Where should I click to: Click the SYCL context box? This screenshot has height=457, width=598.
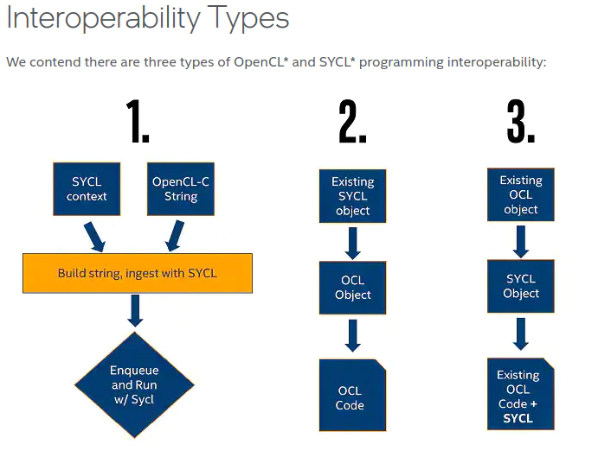click(x=87, y=189)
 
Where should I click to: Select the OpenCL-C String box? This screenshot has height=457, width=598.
click(x=181, y=189)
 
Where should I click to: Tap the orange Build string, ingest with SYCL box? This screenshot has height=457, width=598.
click(x=138, y=273)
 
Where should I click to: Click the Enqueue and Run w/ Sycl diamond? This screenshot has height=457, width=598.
click(x=134, y=384)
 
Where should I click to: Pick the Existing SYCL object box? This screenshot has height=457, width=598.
click(x=353, y=196)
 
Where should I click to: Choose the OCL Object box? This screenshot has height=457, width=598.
click(x=353, y=288)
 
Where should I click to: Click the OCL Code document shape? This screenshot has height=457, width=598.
click(x=353, y=395)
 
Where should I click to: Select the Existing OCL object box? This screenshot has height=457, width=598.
click(x=521, y=194)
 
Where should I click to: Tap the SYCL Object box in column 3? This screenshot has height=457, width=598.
click(x=521, y=286)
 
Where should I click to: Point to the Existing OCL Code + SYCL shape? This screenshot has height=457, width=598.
click(x=521, y=394)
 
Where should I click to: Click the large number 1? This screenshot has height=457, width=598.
click(x=138, y=122)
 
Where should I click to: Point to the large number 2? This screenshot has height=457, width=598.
click(x=352, y=122)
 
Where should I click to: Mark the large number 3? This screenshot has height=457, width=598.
click(x=521, y=122)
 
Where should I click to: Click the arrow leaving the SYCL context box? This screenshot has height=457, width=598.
click(x=94, y=237)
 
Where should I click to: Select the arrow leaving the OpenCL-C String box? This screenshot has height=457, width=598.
click(x=175, y=236)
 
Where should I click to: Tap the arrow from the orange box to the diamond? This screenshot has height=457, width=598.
click(x=135, y=310)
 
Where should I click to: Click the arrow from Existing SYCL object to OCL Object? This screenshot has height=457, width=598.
click(x=353, y=244)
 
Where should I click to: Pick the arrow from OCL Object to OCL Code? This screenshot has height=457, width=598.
click(x=353, y=335)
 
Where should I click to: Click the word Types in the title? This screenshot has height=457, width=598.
click(x=248, y=19)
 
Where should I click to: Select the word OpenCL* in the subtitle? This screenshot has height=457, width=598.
click(x=260, y=61)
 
